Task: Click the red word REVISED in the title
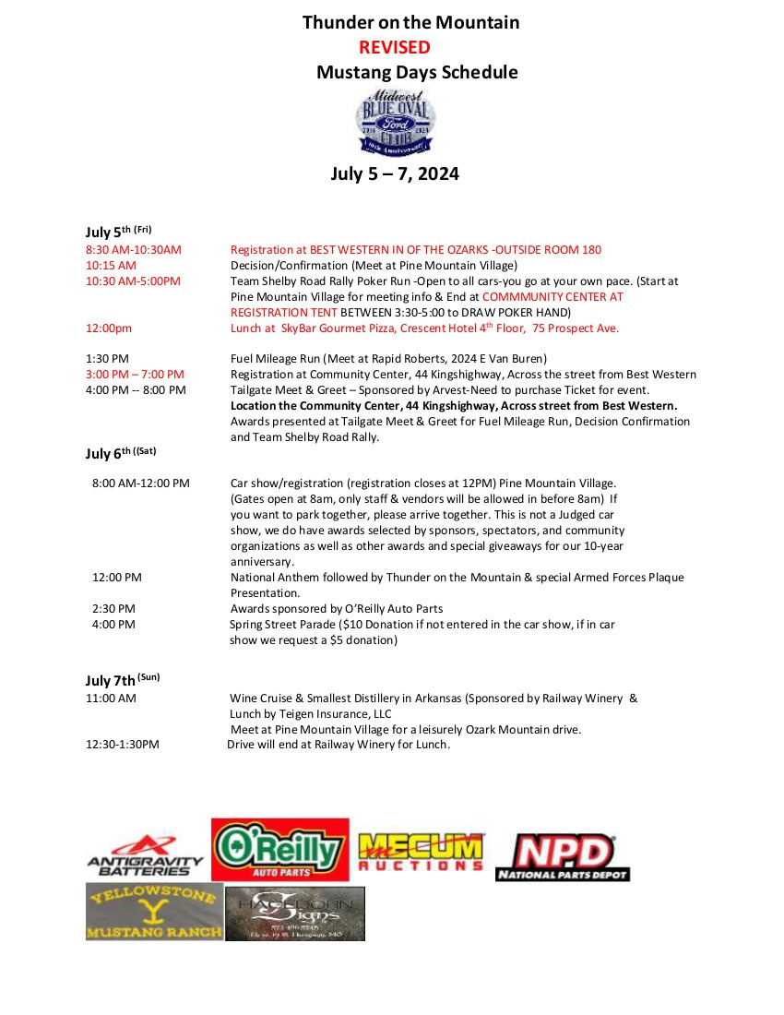394,48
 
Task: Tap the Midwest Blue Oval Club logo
397,123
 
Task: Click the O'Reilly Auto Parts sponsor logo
280,849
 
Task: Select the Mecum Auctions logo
421,852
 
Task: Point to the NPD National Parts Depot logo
563,856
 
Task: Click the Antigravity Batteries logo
146,854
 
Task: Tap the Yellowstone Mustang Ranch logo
154,912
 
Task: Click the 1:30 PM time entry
107,358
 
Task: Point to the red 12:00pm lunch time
109,328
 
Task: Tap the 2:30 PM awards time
113,609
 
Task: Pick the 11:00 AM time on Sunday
111,699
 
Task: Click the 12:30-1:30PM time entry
123,745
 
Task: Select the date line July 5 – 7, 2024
395,173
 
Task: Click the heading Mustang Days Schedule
417,73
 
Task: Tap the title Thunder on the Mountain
410,22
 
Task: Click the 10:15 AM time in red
111,265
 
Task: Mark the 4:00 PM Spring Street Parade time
113,625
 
